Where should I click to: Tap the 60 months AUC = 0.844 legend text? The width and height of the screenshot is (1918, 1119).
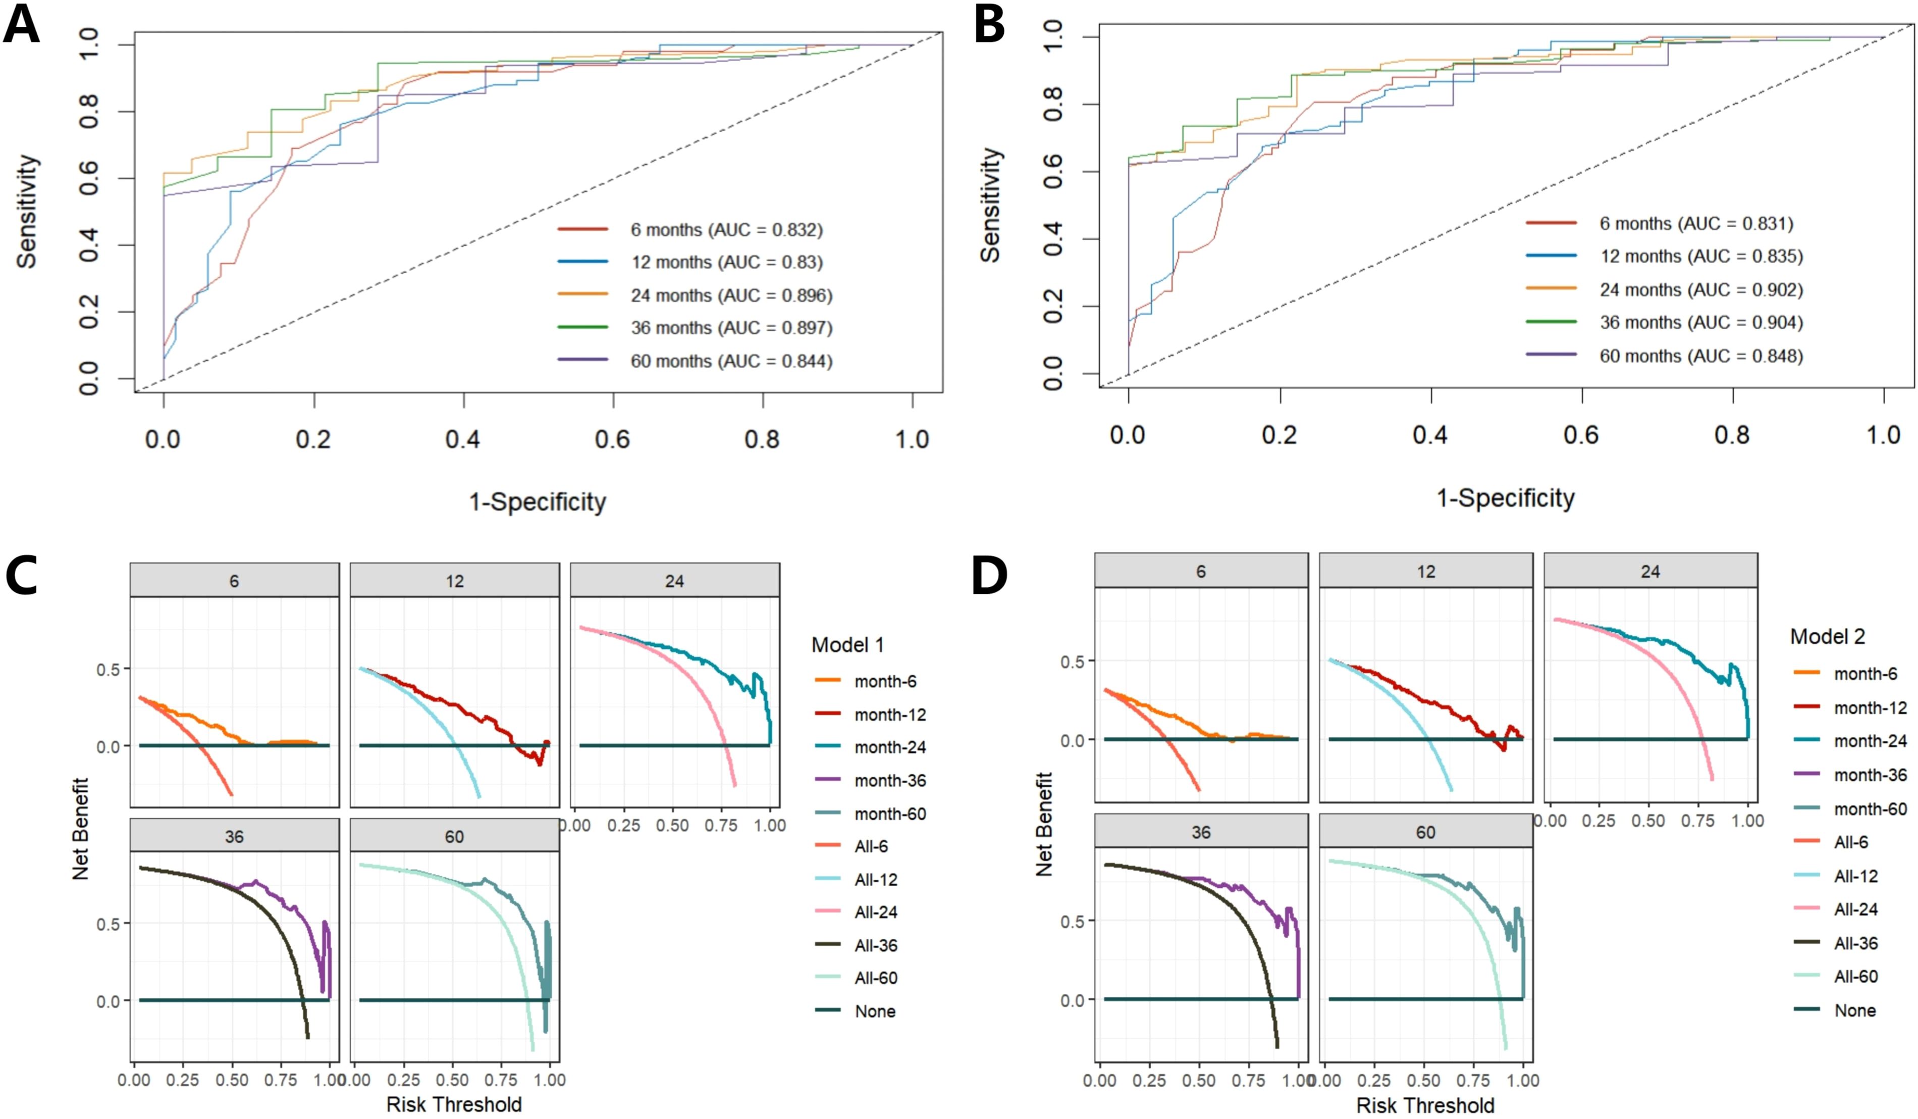(x=731, y=361)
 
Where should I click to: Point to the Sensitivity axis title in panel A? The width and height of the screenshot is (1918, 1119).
(x=27, y=212)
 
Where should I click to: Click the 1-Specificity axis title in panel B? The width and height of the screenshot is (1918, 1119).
(x=1505, y=498)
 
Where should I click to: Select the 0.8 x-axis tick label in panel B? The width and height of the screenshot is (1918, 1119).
(x=1732, y=435)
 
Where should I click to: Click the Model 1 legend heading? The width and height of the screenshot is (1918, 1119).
(x=847, y=645)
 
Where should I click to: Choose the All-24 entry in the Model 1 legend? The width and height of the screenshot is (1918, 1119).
(x=875, y=912)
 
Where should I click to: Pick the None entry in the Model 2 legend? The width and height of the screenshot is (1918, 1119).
(x=1855, y=1010)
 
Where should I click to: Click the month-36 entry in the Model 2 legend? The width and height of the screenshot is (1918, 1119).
(x=1870, y=775)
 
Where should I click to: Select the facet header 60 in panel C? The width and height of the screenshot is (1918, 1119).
(x=454, y=837)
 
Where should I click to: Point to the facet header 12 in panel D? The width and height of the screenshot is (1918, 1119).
(x=1425, y=572)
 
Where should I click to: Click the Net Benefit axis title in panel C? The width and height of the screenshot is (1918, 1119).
(x=81, y=828)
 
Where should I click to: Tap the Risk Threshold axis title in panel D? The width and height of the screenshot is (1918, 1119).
(x=1425, y=1104)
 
